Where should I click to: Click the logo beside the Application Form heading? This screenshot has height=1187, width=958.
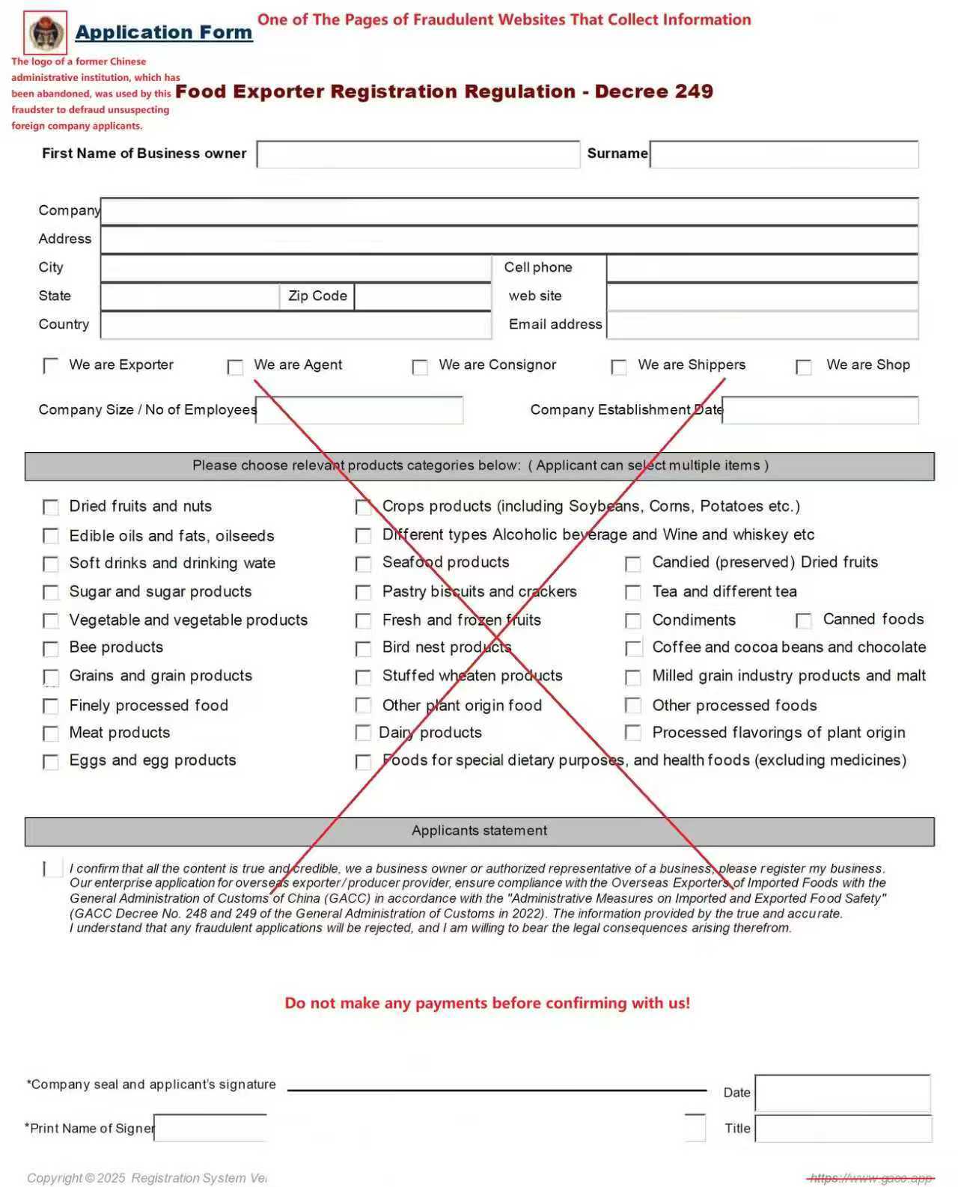coord(46,33)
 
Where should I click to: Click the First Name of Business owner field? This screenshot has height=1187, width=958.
coord(418,154)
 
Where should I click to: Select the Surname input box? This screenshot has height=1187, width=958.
coord(784,154)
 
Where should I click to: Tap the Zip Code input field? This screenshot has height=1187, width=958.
coord(422,296)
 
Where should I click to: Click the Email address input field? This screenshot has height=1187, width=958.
coord(762,325)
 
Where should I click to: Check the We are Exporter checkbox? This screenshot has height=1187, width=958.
coord(51,365)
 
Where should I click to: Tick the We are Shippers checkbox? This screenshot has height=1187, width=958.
coord(619,367)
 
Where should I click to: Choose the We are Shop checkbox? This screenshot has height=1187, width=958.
coord(804,367)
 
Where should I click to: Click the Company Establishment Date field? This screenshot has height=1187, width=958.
coord(820,410)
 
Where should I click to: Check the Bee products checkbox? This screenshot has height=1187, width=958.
coord(51,648)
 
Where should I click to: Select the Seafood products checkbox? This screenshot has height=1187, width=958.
coord(364,564)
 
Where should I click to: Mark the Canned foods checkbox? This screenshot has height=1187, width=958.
coord(804,620)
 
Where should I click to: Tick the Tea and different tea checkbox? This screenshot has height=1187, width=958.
coord(633,593)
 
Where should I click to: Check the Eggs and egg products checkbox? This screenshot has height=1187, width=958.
coord(51,762)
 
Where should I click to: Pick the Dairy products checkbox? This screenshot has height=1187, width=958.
coord(364,733)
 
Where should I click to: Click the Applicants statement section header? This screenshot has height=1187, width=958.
coord(479,831)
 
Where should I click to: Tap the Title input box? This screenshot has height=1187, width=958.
coord(843,1129)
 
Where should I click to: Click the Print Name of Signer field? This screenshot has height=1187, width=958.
coord(210,1129)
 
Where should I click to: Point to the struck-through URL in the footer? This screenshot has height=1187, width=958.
coord(871,1178)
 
